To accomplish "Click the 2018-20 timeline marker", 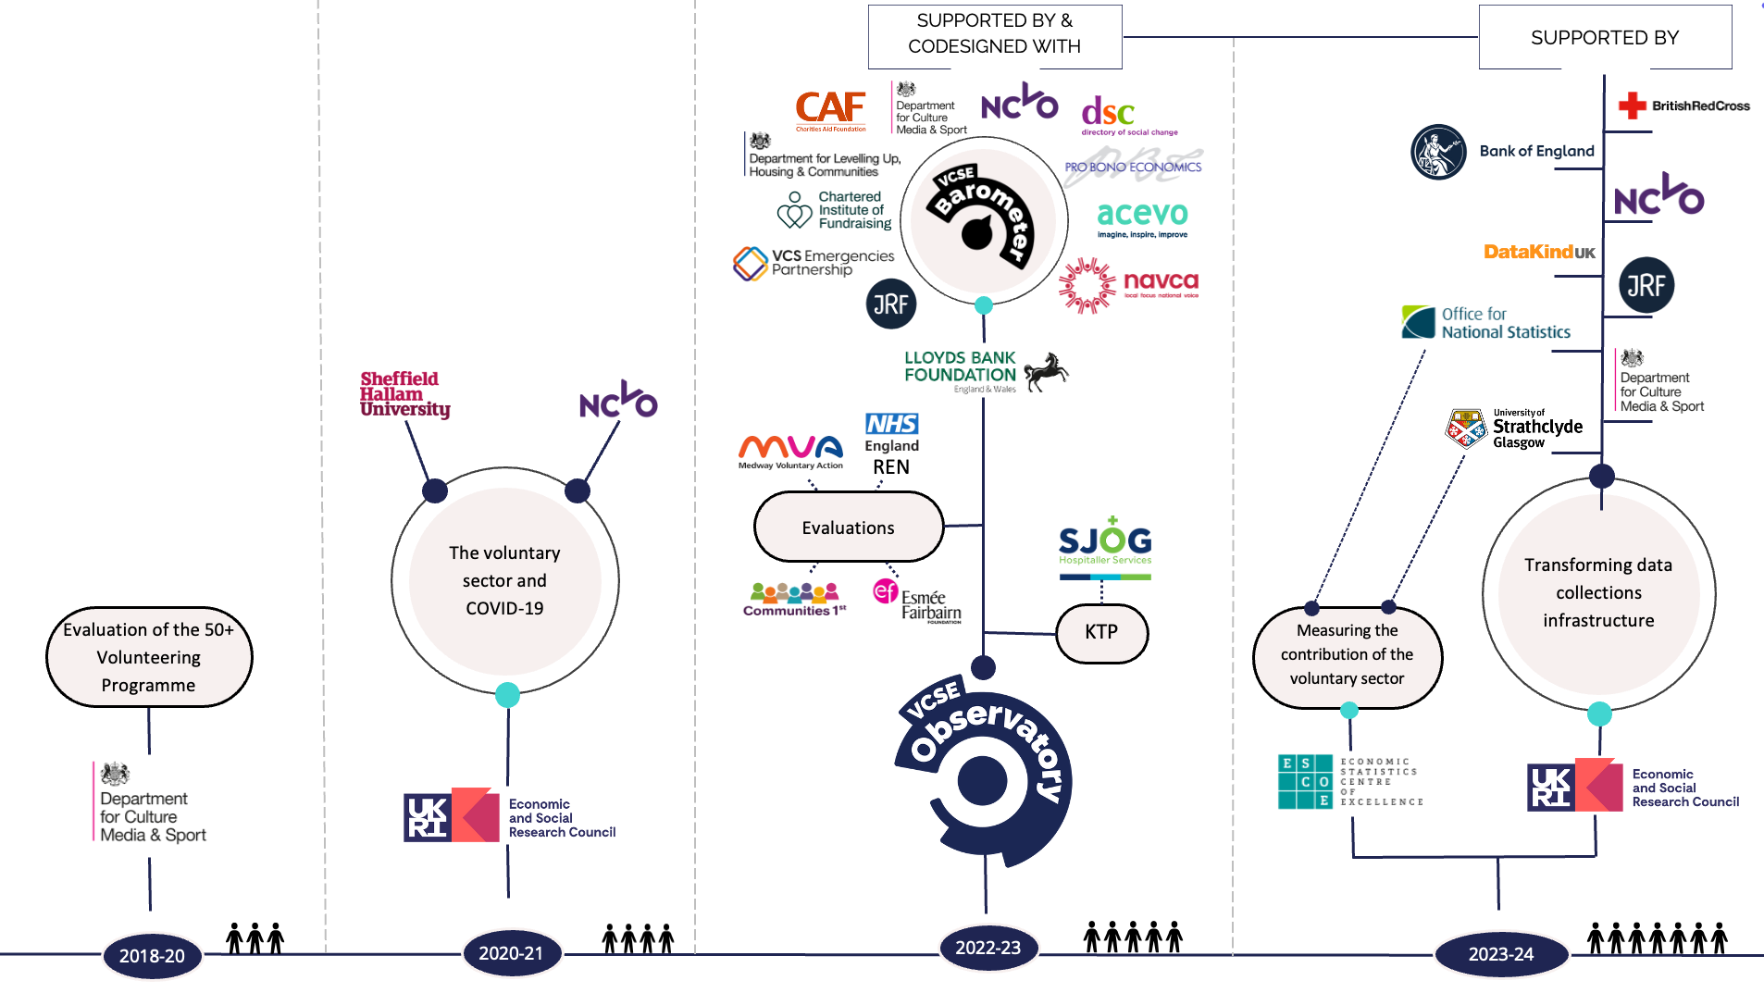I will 152,955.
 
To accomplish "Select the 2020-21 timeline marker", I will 511,952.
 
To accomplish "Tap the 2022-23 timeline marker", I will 988,948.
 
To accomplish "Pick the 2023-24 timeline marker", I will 1500,953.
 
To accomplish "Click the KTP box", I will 1101,632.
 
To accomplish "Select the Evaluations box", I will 848,528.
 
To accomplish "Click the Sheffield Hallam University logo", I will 404,394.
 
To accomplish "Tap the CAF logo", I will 830,110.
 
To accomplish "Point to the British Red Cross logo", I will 1683,106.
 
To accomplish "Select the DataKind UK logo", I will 1539,252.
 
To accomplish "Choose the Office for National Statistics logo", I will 1485,323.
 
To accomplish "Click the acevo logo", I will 1142,217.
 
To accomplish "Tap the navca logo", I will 1129,285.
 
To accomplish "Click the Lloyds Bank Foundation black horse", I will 1045,372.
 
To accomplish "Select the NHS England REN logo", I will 891,444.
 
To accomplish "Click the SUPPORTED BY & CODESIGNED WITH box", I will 994,35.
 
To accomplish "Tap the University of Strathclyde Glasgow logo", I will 1514,428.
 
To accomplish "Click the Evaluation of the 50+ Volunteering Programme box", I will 148,657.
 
